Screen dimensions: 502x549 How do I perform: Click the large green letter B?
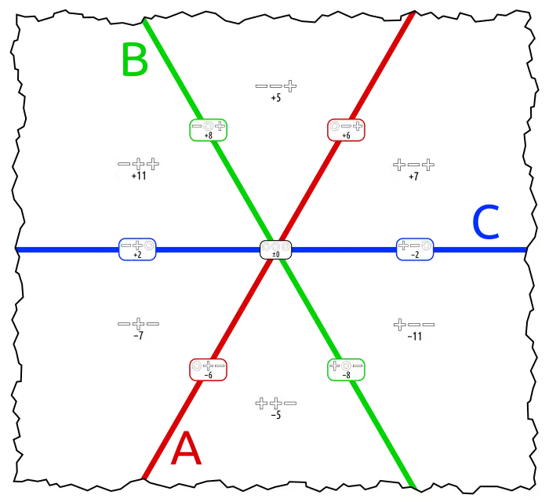tap(134, 60)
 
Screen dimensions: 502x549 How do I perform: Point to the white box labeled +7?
tap(413, 169)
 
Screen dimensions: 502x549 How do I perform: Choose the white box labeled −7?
tap(138, 328)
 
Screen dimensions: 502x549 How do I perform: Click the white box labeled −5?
tap(275, 407)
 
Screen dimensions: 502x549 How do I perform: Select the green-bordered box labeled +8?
tap(209, 130)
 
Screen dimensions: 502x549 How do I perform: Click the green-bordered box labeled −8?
tap(346, 369)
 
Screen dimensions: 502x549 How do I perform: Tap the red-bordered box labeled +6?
tap(346, 130)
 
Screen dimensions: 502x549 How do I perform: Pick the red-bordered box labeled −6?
tap(209, 369)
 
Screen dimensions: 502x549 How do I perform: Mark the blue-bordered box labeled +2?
tap(137, 249)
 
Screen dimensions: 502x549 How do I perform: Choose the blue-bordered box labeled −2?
tap(415, 249)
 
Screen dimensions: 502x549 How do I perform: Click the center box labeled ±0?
tap(276, 250)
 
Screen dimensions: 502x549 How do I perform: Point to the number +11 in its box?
tap(138, 176)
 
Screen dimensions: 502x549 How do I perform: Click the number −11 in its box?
tap(415, 336)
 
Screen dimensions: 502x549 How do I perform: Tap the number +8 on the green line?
tap(209, 136)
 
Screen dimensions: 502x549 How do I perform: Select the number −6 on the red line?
tap(209, 376)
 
